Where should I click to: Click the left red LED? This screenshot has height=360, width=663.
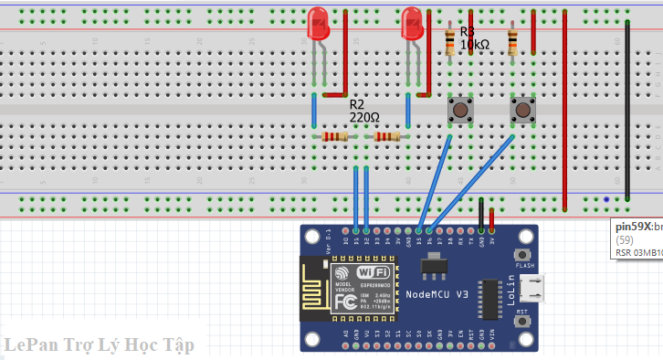pyautogui.click(x=319, y=23)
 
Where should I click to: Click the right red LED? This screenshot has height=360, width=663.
pyautogui.click(x=412, y=23)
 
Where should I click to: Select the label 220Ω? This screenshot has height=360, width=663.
pyautogui.click(x=363, y=118)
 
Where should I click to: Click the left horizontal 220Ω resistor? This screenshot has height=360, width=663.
pyautogui.click(x=335, y=137)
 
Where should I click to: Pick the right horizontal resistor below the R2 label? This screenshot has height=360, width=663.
pyautogui.click(x=387, y=137)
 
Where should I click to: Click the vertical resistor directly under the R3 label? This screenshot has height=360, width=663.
pyautogui.click(x=450, y=41)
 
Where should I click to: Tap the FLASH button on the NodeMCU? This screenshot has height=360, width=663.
pyautogui.click(x=523, y=255)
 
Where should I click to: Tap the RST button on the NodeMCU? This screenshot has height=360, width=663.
pyautogui.click(x=523, y=323)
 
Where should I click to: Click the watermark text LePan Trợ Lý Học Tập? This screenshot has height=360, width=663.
pyautogui.click(x=97, y=345)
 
